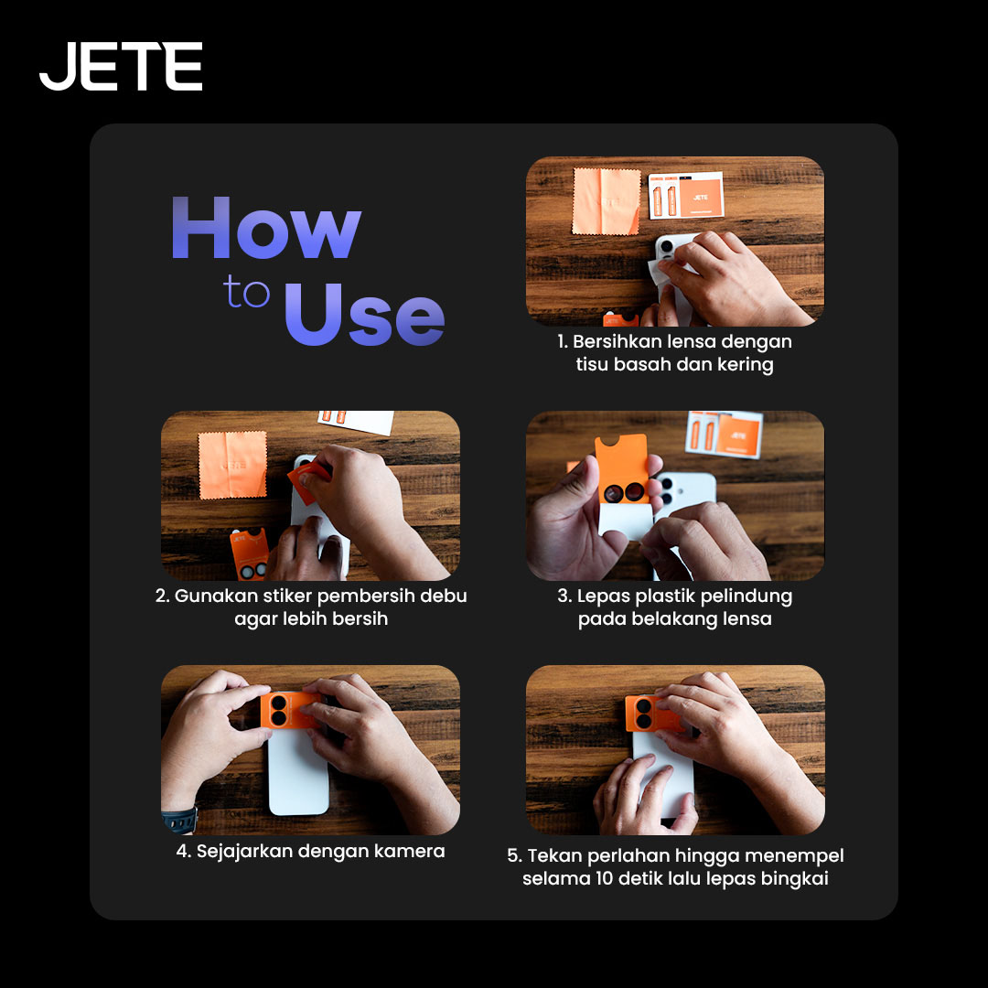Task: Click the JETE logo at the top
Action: (121, 66)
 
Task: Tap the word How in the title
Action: (266, 228)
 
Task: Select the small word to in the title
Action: (246, 292)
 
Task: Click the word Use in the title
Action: (364, 315)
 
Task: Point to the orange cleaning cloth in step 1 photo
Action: (607, 201)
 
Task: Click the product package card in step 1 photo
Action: (686, 195)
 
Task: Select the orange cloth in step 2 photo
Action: (232, 465)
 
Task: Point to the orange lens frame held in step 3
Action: (622, 469)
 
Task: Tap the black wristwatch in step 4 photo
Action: (180, 820)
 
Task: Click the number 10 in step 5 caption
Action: (605, 878)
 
